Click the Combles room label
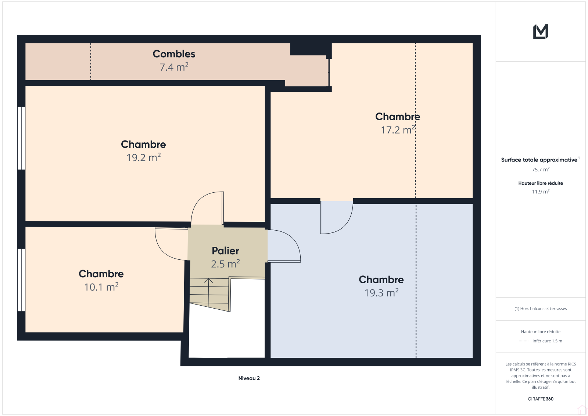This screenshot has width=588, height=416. click(x=174, y=54)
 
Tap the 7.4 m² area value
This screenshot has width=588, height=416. click(x=174, y=67)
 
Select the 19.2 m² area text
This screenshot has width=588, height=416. click(x=143, y=157)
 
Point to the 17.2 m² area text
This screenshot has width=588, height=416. click(x=398, y=130)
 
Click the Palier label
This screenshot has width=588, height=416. click(x=226, y=251)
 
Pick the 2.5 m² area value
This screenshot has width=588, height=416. click(x=226, y=264)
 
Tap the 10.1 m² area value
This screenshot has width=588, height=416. click(x=101, y=287)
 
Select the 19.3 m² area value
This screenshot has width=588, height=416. click(x=381, y=293)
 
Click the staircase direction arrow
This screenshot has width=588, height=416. click(x=208, y=292)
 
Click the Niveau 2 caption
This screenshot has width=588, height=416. click(x=249, y=378)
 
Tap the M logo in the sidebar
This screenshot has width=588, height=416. click(x=541, y=32)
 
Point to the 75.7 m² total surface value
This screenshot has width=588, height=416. click(x=541, y=170)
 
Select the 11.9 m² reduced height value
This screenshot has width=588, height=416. click(x=541, y=192)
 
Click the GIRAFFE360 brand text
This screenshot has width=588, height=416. click(x=541, y=399)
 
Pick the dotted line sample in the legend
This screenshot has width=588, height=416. click(x=524, y=341)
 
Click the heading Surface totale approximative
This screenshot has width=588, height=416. click(x=541, y=160)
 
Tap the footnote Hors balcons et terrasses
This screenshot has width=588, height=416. click(x=541, y=309)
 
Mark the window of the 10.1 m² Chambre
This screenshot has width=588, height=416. click(x=21, y=280)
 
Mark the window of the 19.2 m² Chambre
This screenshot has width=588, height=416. click(x=21, y=138)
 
